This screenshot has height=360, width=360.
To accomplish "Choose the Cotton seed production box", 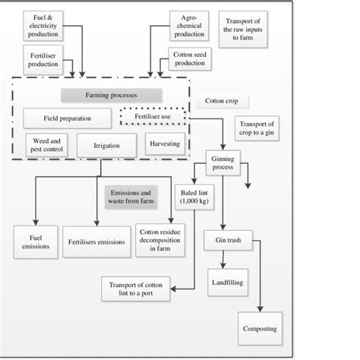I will coord(190,60).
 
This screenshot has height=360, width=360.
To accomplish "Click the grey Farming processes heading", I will coord(110,96).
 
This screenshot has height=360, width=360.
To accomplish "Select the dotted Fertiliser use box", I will coord(152,118).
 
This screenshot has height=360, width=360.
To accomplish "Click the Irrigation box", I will coord(100,145).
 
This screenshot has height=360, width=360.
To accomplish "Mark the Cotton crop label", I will coord(226,101).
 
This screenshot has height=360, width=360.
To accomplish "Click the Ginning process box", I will coord(223,164).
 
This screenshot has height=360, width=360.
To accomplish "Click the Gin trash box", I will coord(222,242).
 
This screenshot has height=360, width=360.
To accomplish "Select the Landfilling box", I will coord(223,283).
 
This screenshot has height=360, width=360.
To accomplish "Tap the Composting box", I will coord(260,329).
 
